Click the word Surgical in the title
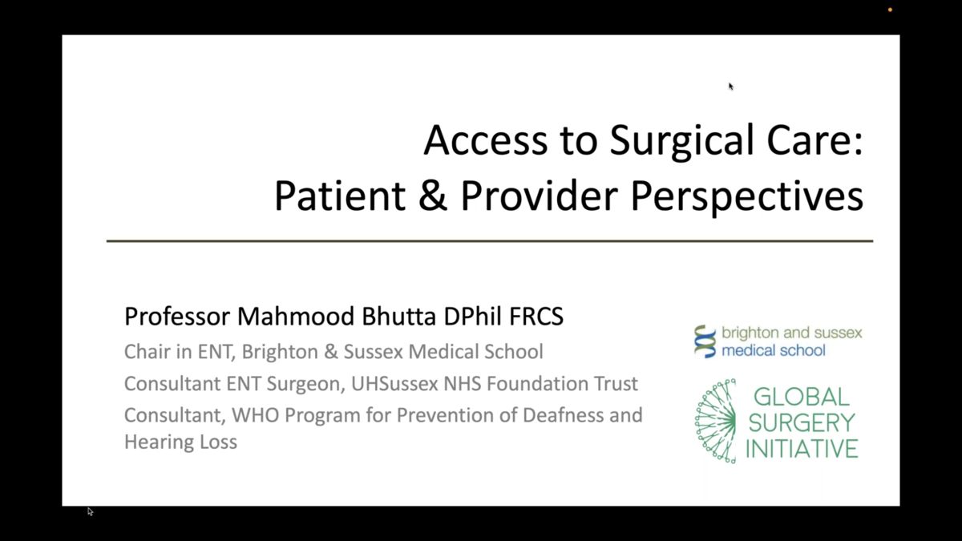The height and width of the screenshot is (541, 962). (x=681, y=142)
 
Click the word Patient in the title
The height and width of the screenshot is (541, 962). (x=340, y=196)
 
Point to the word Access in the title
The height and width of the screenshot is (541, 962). (x=485, y=141)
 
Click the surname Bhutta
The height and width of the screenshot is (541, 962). (x=398, y=317)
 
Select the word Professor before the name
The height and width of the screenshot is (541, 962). (x=177, y=317)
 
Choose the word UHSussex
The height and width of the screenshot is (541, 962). (x=394, y=384)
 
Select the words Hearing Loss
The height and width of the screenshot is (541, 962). (x=180, y=442)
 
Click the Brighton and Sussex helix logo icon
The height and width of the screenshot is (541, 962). (x=705, y=341)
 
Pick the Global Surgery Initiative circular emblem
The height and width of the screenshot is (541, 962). (x=715, y=422)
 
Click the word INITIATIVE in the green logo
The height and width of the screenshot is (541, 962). (x=802, y=449)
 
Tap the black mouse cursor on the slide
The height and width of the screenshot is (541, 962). (x=731, y=87)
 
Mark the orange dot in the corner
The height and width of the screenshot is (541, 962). (x=891, y=10)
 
